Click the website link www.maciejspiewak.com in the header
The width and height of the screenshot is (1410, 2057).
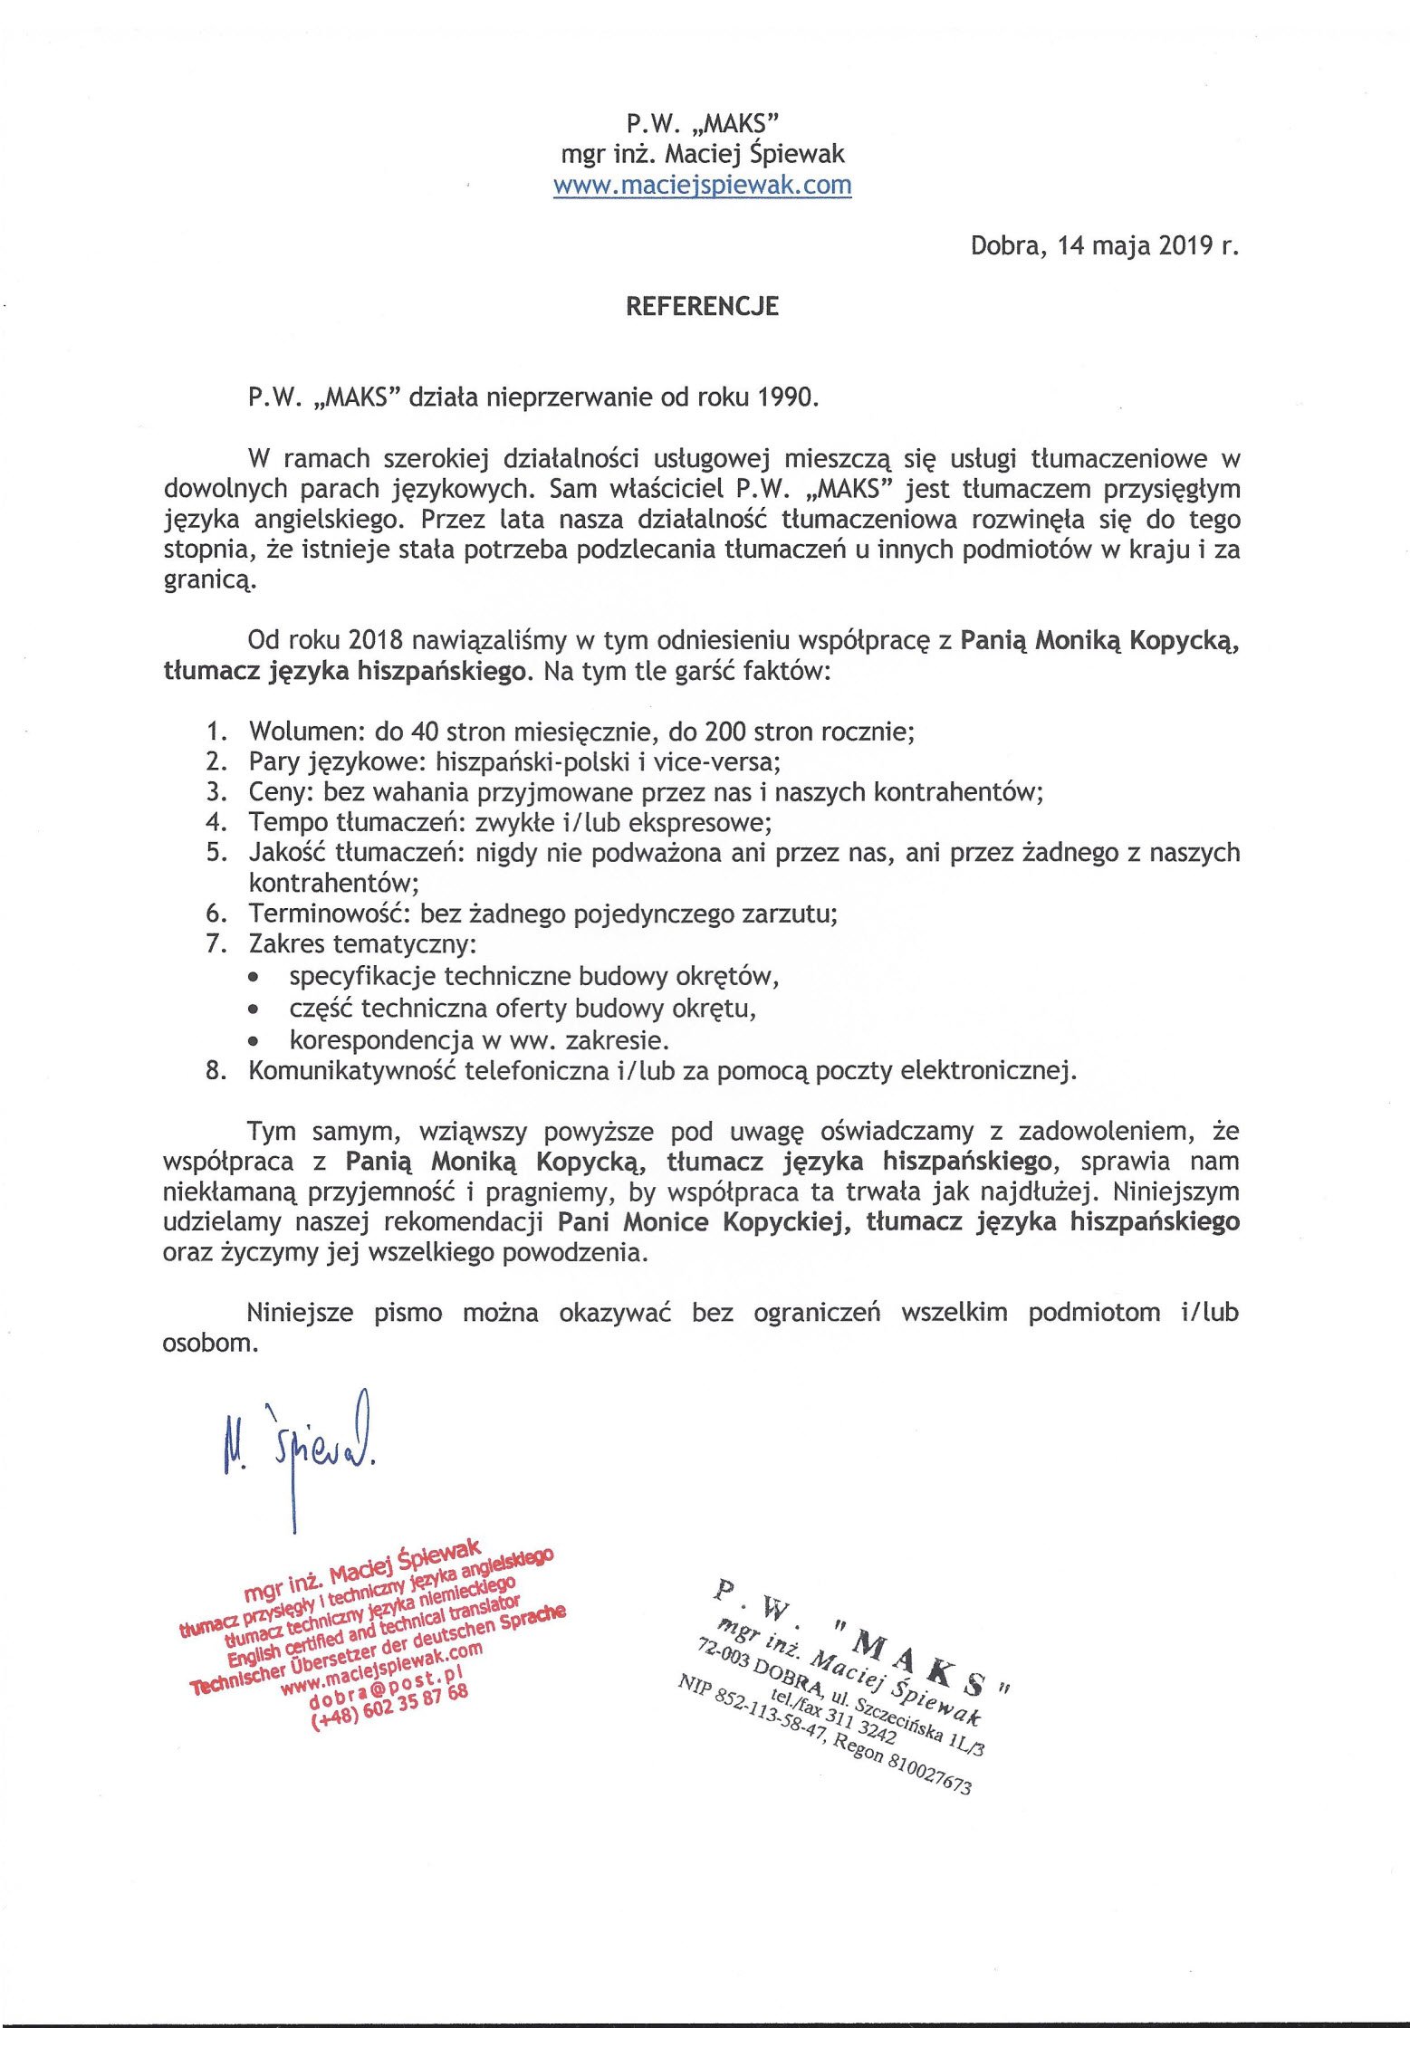click(x=702, y=185)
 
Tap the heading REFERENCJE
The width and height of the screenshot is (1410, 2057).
click(x=702, y=306)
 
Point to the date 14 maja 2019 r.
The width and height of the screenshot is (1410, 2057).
click(x=1146, y=245)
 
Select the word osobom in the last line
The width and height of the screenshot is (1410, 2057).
click(x=210, y=1343)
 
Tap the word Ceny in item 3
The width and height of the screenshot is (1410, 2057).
click(x=280, y=792)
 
